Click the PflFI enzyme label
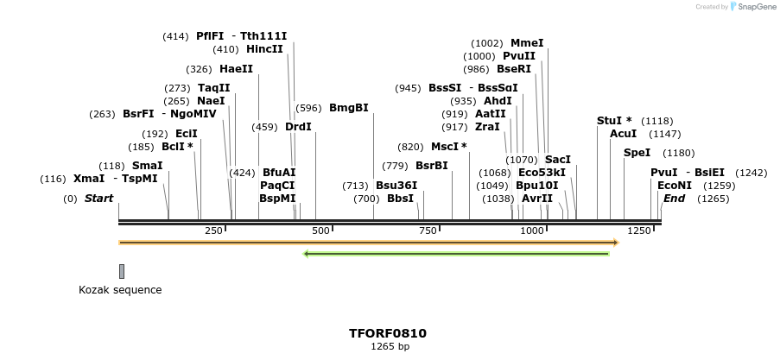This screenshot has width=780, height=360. (x=210, y=36)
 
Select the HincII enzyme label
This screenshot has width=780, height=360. (x=264, y=49)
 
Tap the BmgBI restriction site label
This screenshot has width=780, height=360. (x=348, y=108)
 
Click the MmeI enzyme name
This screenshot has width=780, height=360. (x=527, y=42)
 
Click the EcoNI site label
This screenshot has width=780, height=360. (x=675, y=186)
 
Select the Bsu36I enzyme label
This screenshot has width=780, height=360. (x=396, y=186)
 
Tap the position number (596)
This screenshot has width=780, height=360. (x=308, y=108)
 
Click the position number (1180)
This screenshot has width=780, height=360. (x=679, y=153)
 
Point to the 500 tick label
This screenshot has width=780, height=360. (x=320, y=231)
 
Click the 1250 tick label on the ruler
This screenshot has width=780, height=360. (x=639, y=231)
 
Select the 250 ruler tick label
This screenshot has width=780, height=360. (x=213, y=231)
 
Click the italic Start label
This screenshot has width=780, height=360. (x=98, y=199)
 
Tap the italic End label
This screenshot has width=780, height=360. (x=674, y=199)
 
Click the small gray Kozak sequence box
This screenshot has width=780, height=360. (x=122, y=271)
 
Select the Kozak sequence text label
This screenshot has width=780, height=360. (x=120, y=290)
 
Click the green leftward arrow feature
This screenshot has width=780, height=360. (x=458, y=253)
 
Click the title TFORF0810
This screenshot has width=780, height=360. (x=387, y=333)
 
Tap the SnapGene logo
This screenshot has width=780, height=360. (x=750, y=7)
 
